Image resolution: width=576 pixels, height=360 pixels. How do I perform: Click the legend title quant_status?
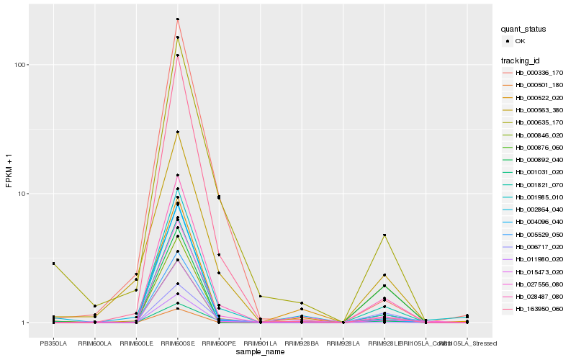523,29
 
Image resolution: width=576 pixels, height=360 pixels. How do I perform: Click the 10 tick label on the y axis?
22,194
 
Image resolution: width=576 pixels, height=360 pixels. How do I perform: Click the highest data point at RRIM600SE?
177,19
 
